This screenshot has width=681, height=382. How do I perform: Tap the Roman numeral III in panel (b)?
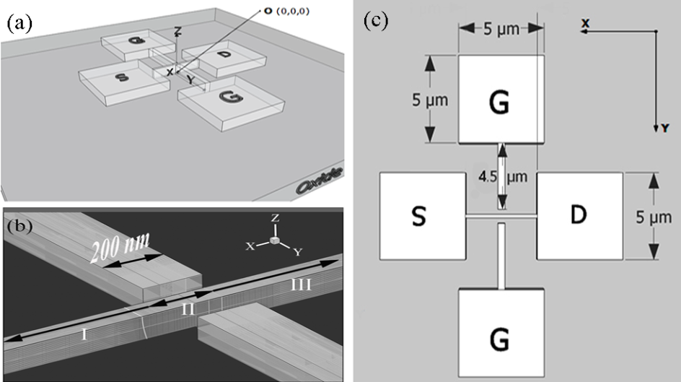click(302, 285)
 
